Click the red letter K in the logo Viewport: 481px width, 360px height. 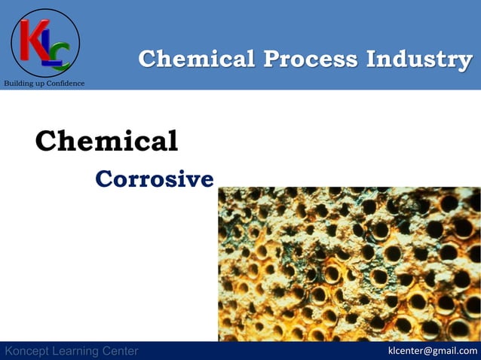tap(33, 39)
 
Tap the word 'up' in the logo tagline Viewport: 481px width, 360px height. tap(40, 83)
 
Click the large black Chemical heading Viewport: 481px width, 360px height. tap(106, 141)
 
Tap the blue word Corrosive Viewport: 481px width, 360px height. tap(155, 179)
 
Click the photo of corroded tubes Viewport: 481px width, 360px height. tap(349, 264)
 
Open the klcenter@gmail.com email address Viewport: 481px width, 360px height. tap(432, 350)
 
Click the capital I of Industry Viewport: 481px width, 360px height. tap(372, 59)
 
